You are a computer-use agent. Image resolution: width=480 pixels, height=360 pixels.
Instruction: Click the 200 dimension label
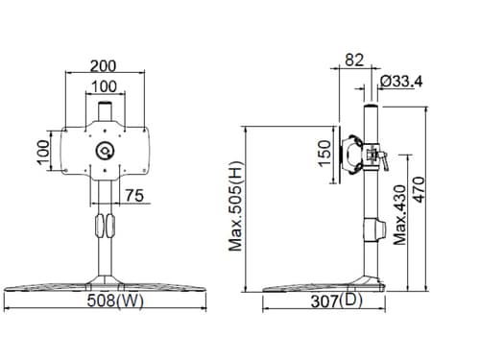[x=103, y=66]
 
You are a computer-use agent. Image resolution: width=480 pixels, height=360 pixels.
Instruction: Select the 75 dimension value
[x=134, y=196]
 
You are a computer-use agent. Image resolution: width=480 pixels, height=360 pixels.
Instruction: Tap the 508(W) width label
[x=115, y=300]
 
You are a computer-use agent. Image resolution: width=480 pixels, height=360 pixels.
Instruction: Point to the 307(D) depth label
[x=336, y=300]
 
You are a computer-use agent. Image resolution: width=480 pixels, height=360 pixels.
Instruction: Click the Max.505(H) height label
[x=236, y=206]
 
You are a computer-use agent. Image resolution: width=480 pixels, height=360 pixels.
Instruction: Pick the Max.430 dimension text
[x=400, y=215]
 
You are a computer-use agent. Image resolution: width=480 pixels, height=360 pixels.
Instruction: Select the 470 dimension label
[x=419, y=189]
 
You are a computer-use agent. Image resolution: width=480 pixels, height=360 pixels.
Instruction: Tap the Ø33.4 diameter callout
[x=401, y=82]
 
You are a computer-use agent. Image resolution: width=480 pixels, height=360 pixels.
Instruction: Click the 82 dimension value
[x=354, y=60]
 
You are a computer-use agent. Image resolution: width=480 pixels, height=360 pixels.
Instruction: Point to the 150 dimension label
[x=324, y=154]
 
